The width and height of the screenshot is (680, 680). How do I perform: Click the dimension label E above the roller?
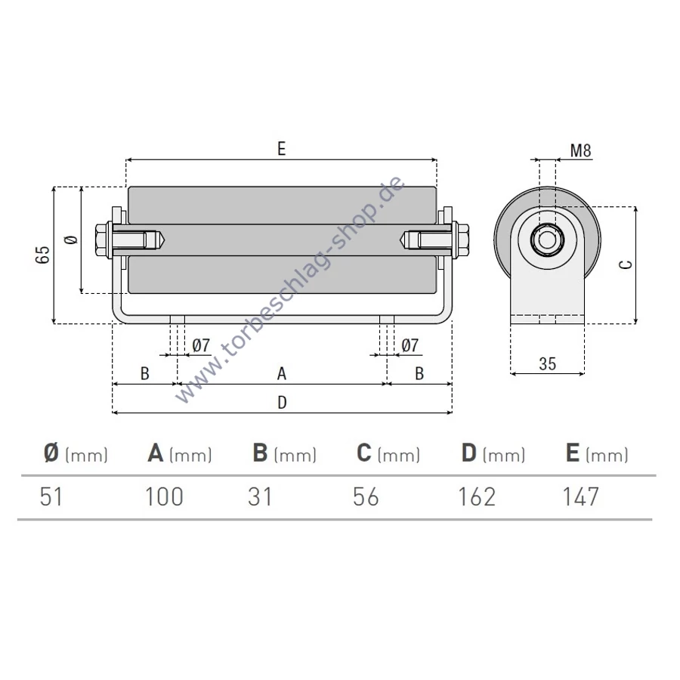pyautogui.click(x=282, y=149)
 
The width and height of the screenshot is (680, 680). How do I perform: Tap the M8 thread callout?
pyautogui.click(x=581, y=150)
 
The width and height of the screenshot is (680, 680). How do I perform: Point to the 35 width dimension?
pyautogui.click(x=547, y=363)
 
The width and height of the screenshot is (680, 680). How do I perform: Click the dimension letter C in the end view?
pyautogui.click(x=626, y=264)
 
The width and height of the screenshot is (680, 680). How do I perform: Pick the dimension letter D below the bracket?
pyautogui.click(x=282, y=403)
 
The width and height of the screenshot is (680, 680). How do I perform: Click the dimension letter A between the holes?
pyautogui.click(x=282, y=373)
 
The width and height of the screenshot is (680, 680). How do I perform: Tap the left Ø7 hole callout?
pyautogui.click(x=201, y=345)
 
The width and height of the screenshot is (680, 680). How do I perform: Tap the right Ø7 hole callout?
pyautogui.click(x=410, y=345)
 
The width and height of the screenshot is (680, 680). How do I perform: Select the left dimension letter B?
pyautogui.click(x=145, y=373)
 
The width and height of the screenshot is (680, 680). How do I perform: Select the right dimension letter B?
pyautogui.click(x=419, y=373)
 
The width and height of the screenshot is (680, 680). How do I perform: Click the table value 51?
pyautogui.click(x=51, y=496)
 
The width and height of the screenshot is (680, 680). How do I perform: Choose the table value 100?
pyautogui.click(x=164, y=496)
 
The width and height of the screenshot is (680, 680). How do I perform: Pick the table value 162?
pyautogui.click(x=477, y=496)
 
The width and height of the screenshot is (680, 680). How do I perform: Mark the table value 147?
pyautogui.click(x=581, y=496)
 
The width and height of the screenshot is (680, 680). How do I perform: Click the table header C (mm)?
pyautogui.click(x=388, y=453)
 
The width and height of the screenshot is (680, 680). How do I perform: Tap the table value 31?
pyautogui.click(x=260, y=496)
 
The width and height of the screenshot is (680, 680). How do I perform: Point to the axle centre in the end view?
pyautogui.click(x=547, y=240)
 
